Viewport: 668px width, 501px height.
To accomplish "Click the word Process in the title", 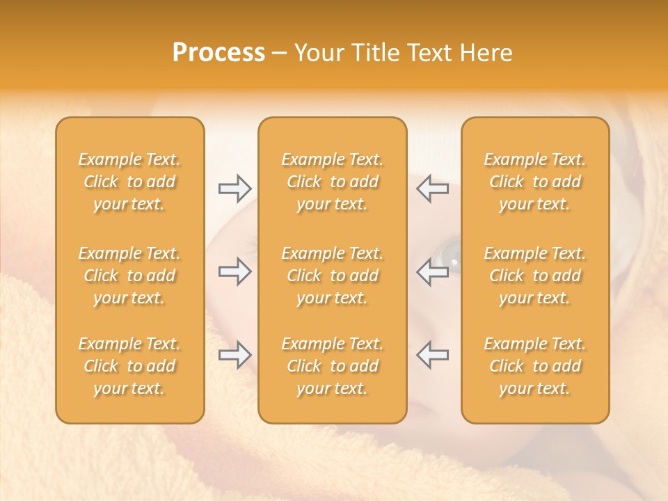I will click(x=218, y=53).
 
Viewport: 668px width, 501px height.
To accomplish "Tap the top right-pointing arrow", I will click(x=235, y=188).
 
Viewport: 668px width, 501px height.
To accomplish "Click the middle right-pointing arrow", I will click(x=235, y=271).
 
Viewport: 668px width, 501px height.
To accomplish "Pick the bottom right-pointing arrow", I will click(x=235, y=355).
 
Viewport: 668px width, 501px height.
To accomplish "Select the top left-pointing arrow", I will click(x=432, y=188).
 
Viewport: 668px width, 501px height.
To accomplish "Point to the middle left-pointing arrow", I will click(x=432, y=271).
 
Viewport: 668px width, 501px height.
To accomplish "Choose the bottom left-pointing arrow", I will click(x=432, y=355).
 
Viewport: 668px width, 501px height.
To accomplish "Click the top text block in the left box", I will click(x=129, y=182).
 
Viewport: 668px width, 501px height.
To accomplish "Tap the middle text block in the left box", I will click(x=129, y=276).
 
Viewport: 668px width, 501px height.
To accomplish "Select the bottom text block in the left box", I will click(x=129, y=366).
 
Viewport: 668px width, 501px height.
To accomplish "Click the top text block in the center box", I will click(x=332, y=182).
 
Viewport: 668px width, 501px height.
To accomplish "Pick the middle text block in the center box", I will click(x=332, y=276).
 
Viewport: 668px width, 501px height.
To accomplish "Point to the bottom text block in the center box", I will click(x=332, y=366).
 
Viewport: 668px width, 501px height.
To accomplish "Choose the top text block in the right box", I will click(x=534, y=182).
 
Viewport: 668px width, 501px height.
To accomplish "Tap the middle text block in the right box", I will click(x=534, y=276).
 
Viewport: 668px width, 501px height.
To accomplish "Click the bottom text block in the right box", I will click(x=534, y=366).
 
